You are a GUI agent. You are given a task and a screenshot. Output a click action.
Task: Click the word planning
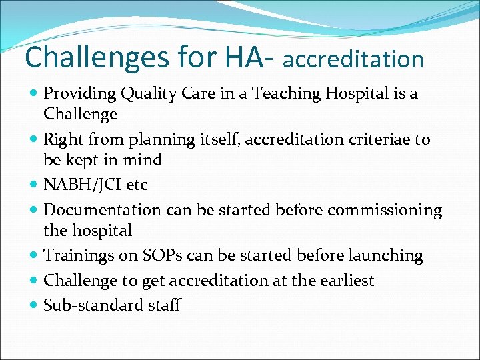tap(154, 140)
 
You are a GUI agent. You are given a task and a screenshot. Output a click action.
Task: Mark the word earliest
tap(343, 281)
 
